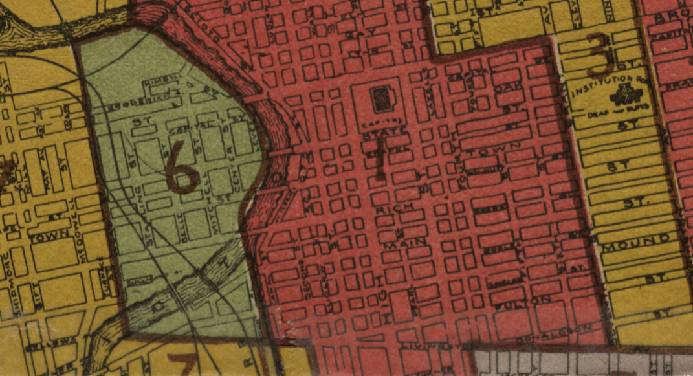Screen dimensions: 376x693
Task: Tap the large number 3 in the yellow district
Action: click(x=601, y=56)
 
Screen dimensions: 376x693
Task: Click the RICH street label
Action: click(x=395, y=211)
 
